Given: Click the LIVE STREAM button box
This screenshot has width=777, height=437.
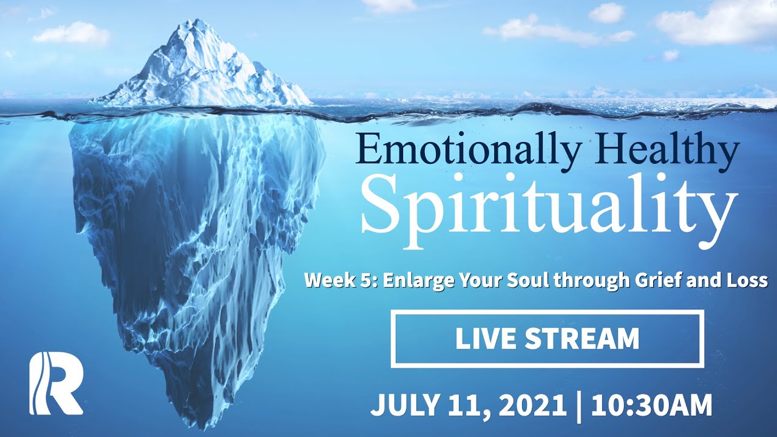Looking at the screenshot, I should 548,339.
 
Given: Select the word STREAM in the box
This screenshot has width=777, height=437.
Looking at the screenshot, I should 582,339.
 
